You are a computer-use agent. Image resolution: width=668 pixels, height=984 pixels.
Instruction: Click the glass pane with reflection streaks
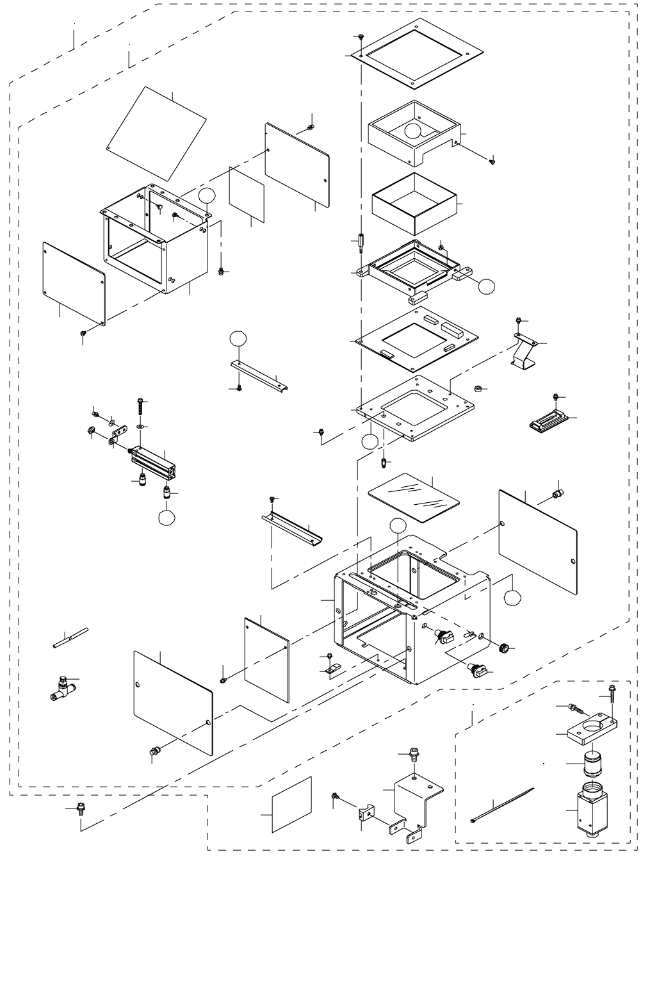click(414, 496)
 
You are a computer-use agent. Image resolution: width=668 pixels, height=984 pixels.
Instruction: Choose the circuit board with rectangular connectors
click(420, 337)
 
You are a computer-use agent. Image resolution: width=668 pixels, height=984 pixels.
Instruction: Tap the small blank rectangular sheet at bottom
click(291, 805)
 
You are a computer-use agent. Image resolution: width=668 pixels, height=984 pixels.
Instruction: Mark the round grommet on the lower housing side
click(505, 648)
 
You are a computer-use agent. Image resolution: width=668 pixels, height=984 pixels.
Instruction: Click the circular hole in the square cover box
click(414, 131)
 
